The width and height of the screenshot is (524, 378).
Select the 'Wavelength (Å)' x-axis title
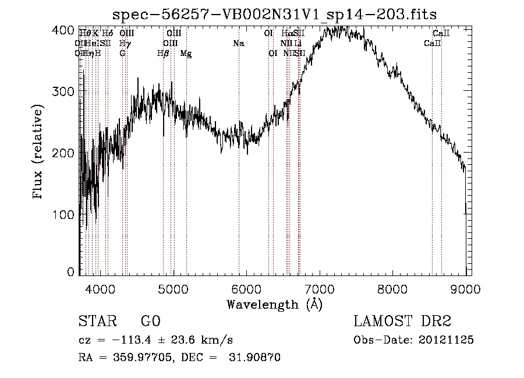pyautogui.click(x=274, y=303)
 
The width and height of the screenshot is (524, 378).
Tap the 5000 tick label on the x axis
pyautogui.click(x=174, y=288)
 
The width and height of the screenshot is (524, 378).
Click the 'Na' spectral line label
pyautogui.click(x=238, y=44)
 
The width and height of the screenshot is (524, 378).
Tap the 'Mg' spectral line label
pyautogui.click(x=186, y=54)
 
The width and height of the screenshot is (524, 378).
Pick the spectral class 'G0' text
pyautogui.click(x=151, y=322)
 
